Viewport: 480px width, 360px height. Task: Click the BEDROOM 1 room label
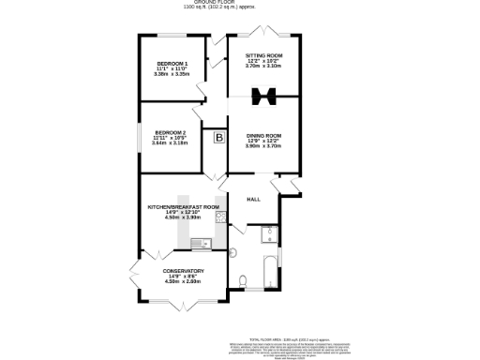172,63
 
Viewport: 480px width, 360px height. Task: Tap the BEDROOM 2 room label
171,132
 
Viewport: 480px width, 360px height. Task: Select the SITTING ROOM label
263,55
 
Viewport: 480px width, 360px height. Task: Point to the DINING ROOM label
263,136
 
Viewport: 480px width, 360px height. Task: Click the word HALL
253,200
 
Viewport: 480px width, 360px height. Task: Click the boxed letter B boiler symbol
219,139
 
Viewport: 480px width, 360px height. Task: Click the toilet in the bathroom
242,278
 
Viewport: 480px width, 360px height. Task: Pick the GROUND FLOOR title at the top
240,3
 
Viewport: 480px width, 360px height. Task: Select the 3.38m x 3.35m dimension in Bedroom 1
172,74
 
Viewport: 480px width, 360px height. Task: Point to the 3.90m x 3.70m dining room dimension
263,146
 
